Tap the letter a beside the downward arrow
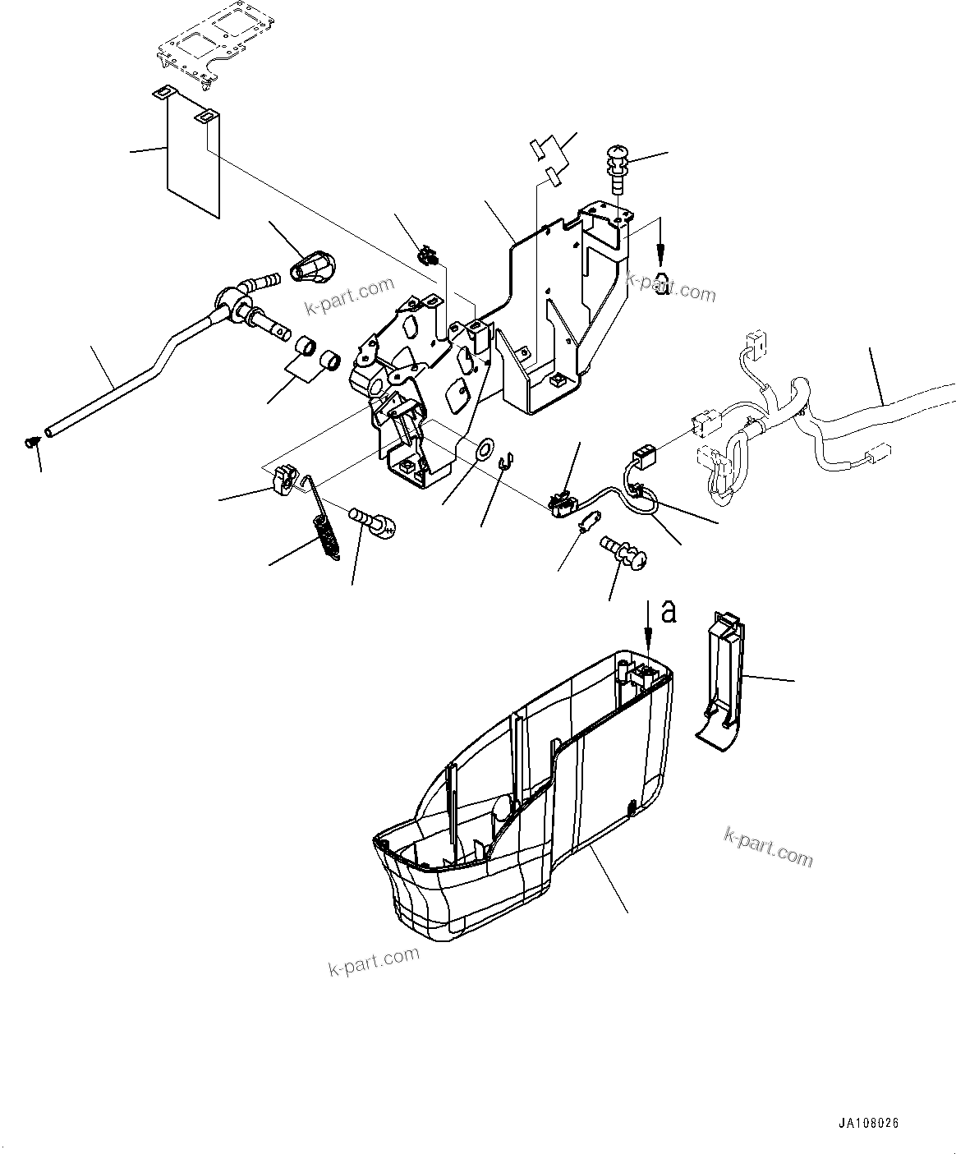click(670, 611)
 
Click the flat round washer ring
click(485, 448)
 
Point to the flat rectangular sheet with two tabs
click(193, 156)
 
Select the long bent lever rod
click(131, 377)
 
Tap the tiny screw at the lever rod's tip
click(32, 443)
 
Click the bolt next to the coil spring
click(373, 522)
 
